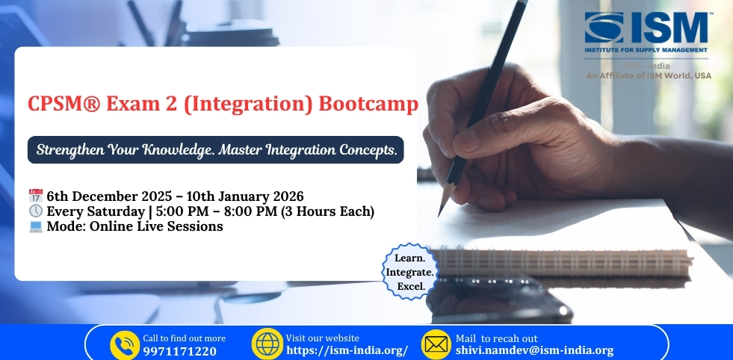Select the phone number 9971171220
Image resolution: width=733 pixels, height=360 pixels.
click(x=179, y=350)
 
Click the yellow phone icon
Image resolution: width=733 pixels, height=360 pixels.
click(x=125, y=344)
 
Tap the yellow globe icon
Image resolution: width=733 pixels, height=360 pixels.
click(x=267, y=344)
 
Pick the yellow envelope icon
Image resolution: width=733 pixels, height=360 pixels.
click(x=436, y=344)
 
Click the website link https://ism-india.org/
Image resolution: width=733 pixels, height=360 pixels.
click(x=347, y=350)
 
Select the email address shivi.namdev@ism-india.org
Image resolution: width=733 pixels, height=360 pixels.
click(x=534, y=350)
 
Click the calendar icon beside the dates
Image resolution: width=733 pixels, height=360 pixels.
click(x=36, y=196)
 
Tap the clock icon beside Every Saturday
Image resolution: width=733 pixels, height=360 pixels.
click(x=36, y=211)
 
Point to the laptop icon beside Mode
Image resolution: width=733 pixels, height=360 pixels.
click(x=36, y=226)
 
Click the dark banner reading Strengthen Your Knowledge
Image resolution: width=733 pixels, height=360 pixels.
click(x=216, y=149)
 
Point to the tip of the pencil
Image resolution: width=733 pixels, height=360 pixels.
click(x=439, y=214)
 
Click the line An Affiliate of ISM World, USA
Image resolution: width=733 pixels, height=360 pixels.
click(x=649, y=75)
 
